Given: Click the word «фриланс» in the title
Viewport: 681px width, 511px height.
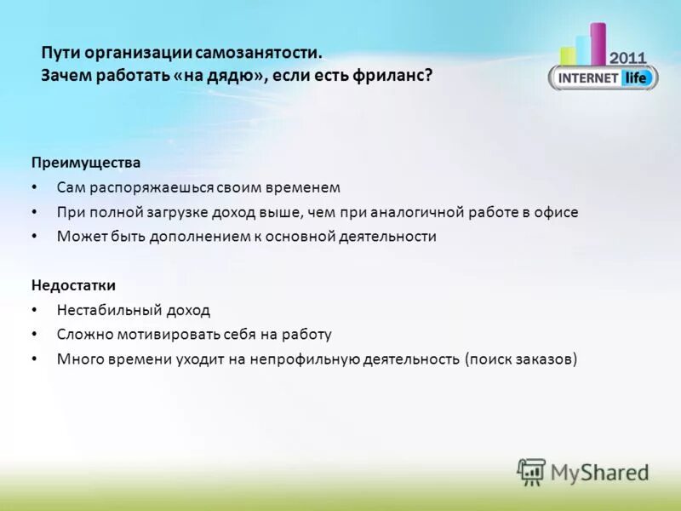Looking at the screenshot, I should pos(400,76).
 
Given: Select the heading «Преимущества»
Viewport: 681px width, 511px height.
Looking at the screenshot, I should pos(86,162).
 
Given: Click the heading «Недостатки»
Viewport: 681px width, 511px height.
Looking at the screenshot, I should pos(73,285).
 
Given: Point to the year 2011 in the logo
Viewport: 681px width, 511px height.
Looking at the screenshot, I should pos(629,57).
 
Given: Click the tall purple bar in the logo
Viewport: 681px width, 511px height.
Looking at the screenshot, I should pos(598,43).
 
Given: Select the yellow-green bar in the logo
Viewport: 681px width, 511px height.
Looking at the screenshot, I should pos(568,55).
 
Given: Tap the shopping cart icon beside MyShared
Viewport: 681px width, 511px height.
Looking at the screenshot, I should pos(531,472).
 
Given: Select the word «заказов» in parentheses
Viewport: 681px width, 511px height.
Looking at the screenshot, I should pos(545,359).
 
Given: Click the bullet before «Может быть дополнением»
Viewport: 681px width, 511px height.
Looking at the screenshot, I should pos(34,237).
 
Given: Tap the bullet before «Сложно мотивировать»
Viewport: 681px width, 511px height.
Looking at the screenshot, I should pos(34,335).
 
